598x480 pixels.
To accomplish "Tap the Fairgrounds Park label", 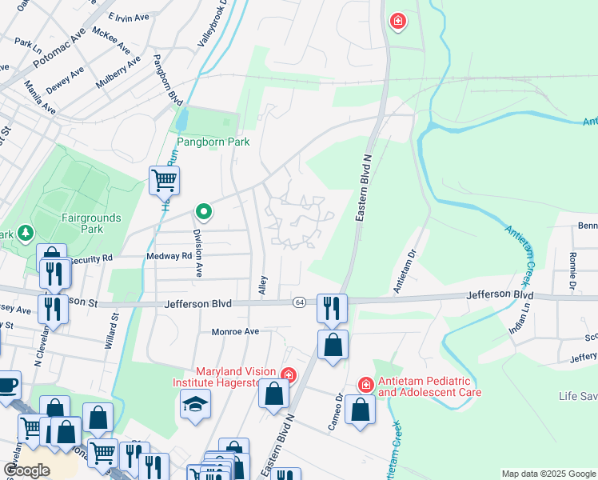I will coord(91,223).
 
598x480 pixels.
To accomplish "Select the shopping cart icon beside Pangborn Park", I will coord(164,180).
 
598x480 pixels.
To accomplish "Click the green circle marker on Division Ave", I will coord(204,212).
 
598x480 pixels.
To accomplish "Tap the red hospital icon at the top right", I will coord(397,21).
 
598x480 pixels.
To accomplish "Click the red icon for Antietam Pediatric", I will coord(365,385).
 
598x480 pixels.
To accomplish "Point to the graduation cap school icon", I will coord(195,402).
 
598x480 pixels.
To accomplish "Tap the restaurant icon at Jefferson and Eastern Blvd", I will coord(332,306).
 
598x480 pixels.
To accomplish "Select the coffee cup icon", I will coord(8,385).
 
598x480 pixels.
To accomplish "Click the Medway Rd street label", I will coord(169,256).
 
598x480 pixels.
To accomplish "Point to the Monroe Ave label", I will coord(236,331).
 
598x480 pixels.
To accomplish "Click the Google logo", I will coord(26,470).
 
